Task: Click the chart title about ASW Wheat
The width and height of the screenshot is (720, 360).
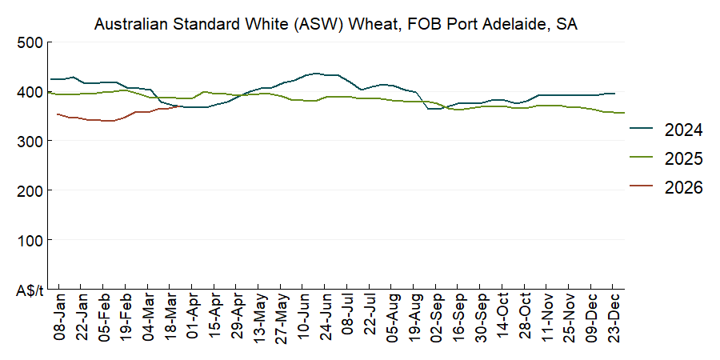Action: click(x=336, y=24)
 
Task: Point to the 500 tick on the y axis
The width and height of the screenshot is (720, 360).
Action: click(x=29, y=42)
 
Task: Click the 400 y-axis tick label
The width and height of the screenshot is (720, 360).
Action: click(x=29, y=92)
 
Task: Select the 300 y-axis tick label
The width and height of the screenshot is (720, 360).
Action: click(x=29, y=141)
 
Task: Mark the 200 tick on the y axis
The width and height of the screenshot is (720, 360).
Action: click(x=29, y=190)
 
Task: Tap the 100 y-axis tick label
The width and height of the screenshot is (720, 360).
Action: click(x=29, y=240)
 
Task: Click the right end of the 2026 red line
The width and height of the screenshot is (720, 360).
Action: click(x=178, y=107)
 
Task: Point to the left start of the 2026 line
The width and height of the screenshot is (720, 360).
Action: click(x=57, y=114)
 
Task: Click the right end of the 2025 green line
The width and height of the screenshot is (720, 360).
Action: click(x=624, y=113)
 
